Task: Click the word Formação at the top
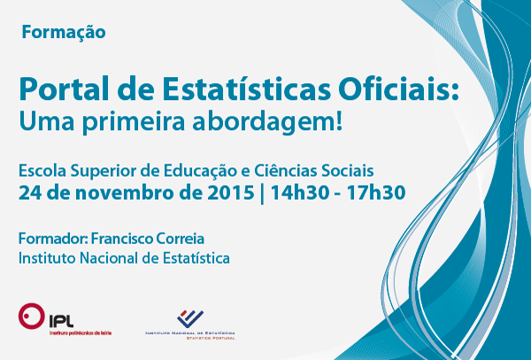coord(64,33)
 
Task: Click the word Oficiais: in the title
coord(398,88)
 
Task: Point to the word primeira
coord(133,122)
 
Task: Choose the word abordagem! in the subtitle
coord(267,122)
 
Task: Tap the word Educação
coord(200,172)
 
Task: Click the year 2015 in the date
coord(231,193)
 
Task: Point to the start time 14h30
coord(300,193)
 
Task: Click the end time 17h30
coord(376,193)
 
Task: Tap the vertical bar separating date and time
coord(262,194)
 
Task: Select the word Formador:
coord(53,239)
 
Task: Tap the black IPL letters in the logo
coord(61,321)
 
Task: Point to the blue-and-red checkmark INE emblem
coord(190,318)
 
